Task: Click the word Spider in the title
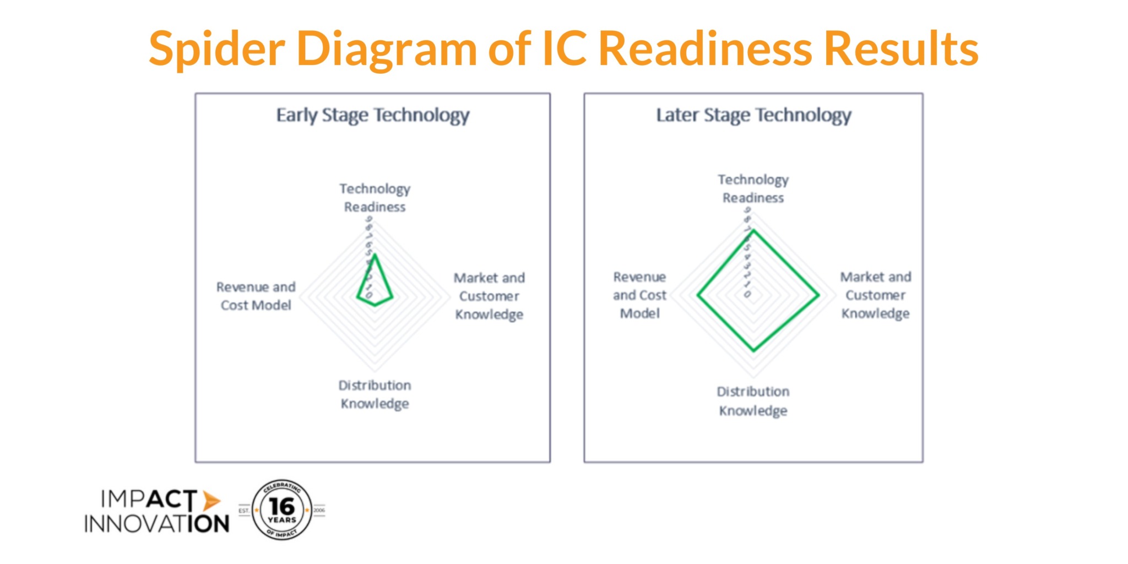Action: [216, 48]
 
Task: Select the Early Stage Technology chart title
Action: [373, 115]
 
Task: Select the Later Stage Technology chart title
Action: [753, 115]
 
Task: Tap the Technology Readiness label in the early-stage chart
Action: [375, 198]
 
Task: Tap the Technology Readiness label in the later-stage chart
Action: [753, 188]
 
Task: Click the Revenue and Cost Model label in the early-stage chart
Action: [256, 296]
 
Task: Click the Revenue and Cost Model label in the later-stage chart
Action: [639, 295]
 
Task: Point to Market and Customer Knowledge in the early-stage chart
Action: [489, 296]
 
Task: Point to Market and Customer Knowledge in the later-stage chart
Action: [875, 295]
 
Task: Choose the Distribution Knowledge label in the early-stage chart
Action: [375, 394]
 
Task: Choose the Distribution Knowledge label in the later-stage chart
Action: [753, 401]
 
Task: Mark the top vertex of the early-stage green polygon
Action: [375, 254]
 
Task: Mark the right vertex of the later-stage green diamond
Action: [818, 295]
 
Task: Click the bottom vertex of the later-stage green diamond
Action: [754, 350]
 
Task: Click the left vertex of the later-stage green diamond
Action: [698, 295]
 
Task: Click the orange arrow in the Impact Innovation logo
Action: [210, 501]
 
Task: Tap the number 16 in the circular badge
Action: [282, 506]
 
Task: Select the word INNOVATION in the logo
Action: [156, 524]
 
